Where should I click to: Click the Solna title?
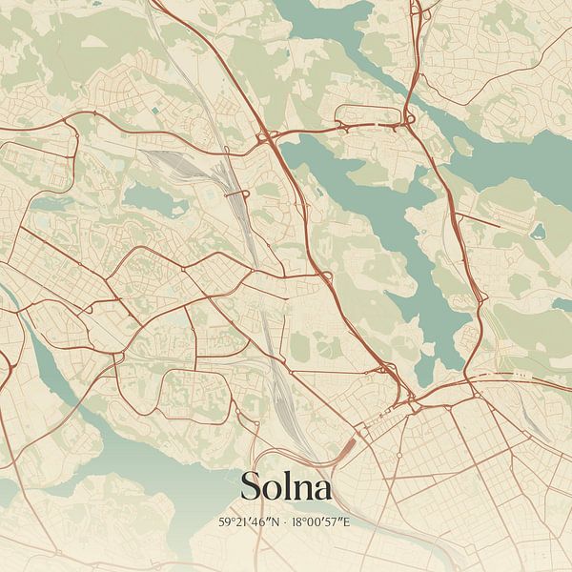pyautogui.click(x=286, y=486)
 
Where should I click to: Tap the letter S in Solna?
pyautogui.click(x=253, y=486)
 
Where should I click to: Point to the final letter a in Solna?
pyautogui.click(x=322, y=490)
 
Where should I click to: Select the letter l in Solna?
pyautogui.click(x=283, y=484)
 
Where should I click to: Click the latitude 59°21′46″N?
pyautogui.click(x=252, y=522)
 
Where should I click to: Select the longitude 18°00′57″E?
pyautogui.click(x=324, y=522)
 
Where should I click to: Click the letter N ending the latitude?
pyautogui.click(x=279, y=522)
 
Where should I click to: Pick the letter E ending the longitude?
pyautogui.click(x=351, y=522)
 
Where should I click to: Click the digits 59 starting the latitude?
pyautogui.click(x=224, y=522)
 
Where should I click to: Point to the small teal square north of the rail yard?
pyautogui.click(x=155, y=112)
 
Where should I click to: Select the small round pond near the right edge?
pyautogui.click(x=538, y=230)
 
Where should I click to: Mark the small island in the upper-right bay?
pyautogui.click(x=462, y=146)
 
